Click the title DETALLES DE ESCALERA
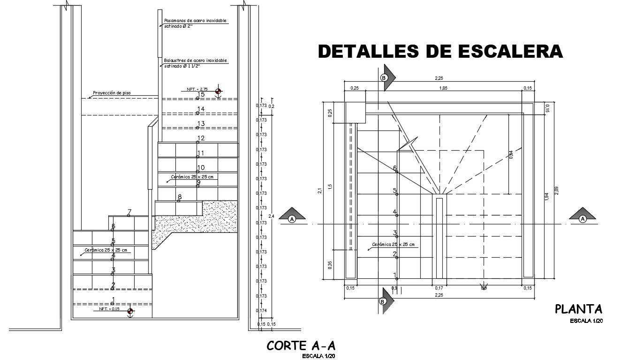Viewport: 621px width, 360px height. click(x=440, y=51)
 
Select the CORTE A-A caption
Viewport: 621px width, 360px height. click(x=301, y=346)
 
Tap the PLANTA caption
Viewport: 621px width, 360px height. click(x=578, y=309)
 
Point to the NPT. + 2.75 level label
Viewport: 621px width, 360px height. click(x=197, y=89)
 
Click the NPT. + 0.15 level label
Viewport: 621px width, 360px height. click(x=109, y=309)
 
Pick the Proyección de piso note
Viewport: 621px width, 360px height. click(x=112, y=93)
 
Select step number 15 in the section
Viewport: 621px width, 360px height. click(x=201, y=95)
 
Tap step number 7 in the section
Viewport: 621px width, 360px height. click(x=129, y=212)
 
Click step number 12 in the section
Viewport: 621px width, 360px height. click(x=201, y=138)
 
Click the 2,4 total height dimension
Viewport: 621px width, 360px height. click(x=271, y=216)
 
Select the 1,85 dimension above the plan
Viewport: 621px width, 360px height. click(x=443, y=88)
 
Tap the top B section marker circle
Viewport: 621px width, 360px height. click(x=384, y=77)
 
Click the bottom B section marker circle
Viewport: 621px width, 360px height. click(x=383, y=302)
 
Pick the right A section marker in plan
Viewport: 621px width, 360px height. click(x=583, y=219)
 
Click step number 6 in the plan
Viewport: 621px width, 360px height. click(x=395, y=168)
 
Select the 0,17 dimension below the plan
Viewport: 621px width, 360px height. click(x=439, y=288)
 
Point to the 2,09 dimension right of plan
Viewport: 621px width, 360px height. click(x=556, y=191)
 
